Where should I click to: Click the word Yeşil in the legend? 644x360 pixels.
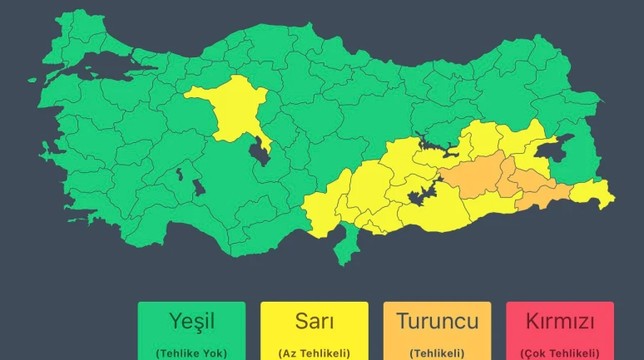(x=191, y=321)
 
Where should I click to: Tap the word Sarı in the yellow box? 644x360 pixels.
(x=315, y=321)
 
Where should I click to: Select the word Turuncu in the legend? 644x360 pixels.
(x=437, y=321)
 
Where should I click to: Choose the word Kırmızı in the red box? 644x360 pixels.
(x=559, y=321)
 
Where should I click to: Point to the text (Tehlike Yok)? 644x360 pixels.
(x=191, y=353)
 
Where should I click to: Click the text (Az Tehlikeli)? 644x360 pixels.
(x=315, y=353)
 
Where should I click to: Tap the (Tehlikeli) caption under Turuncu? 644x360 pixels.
(x=437, y=353)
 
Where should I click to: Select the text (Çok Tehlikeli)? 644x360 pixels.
(x=559, y=353)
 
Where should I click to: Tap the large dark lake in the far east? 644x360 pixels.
(x=552, y=148)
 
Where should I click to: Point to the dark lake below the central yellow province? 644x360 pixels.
(x=260, y=153)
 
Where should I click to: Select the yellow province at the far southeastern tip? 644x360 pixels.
(x=595, y=193)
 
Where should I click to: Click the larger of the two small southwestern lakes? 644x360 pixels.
(x=199, y=186)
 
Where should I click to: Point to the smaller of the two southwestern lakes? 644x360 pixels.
(x=178, y=174)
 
